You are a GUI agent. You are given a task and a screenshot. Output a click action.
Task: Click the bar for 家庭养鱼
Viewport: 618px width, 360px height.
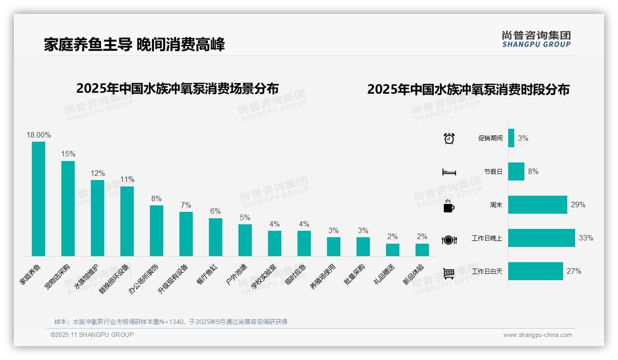click(38, 198)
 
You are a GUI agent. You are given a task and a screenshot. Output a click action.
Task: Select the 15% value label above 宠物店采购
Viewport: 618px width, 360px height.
click(68, 154)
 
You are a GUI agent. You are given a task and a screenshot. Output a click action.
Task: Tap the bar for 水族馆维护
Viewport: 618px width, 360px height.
click(97, 218)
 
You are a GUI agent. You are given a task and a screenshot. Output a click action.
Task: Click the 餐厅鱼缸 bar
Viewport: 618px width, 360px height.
click(215, 237)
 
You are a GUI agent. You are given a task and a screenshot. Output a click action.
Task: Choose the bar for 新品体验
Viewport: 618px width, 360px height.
click(422, 250)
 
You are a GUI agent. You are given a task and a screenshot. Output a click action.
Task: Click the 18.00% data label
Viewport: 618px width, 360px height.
click(39, 135)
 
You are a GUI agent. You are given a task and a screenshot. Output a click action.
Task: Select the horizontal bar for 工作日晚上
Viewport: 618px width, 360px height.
click(541, 238)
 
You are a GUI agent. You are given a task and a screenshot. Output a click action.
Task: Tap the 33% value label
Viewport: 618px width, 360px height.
click(586, 238)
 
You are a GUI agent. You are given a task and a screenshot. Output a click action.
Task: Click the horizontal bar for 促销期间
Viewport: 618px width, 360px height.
click(511, 138)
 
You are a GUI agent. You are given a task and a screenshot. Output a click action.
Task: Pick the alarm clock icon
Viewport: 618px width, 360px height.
click(449, 138)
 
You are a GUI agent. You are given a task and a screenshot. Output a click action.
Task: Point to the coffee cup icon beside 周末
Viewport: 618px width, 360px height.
click(449, 206)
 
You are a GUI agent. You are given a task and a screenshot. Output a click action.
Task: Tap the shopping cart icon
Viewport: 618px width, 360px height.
click(449, 273)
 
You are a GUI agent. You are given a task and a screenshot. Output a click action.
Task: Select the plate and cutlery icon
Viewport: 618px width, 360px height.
click(449, 240)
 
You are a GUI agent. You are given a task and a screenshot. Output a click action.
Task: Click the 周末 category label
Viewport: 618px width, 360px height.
click(496, 205)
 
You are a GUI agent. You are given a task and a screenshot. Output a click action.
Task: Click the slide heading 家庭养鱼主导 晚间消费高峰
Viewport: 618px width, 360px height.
click(134, 45)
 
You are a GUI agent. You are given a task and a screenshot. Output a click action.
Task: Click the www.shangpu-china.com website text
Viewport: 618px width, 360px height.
click(537, 335)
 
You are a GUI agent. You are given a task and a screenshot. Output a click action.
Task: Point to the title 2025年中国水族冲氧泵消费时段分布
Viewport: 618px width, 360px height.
click(468, 89)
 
